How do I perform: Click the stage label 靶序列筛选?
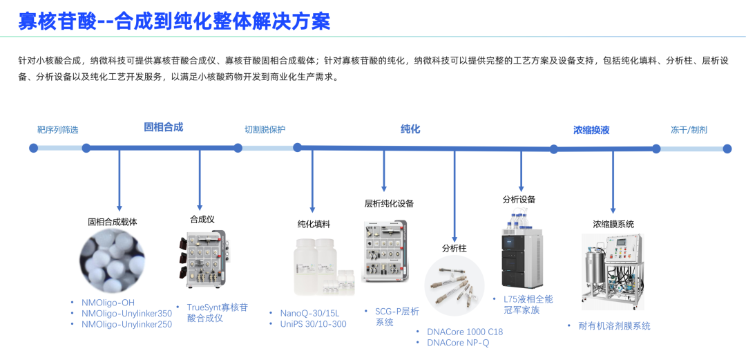[x=57, y=130]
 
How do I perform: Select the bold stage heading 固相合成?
[x=163, y=127]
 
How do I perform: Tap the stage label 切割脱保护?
[x=265, y=130]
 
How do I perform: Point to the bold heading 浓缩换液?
[x=591, y=130]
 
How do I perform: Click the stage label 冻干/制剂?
[x=689, y=130]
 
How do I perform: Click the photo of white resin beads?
[x=113, y=260]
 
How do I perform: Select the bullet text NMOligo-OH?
[x=108, y=303]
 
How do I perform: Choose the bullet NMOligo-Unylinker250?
[x=126, y=324]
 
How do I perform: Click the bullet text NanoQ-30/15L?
[x=309, y=313]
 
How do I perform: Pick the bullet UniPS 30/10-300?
[x=313, y=324]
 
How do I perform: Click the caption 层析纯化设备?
[x=389, y=204]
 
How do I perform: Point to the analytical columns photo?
[x=455, y=286]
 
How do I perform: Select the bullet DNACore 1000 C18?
[x=465, y=332]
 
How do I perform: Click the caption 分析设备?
[x=519, y=200]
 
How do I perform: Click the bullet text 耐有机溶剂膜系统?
[x=614, y=326]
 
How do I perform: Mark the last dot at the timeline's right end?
[x=727, y=149]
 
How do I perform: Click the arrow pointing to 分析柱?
[x=455, y=197]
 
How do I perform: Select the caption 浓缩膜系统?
[x=613, y=224]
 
